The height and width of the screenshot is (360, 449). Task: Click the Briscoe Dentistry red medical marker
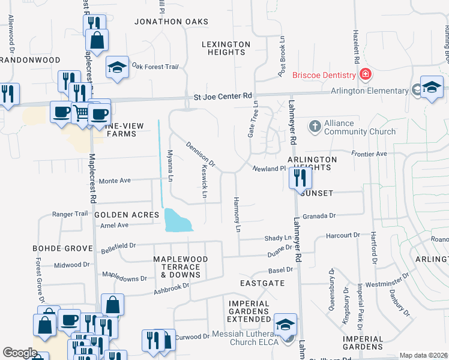coord(364,75)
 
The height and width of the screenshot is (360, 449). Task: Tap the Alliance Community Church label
coord(360,127)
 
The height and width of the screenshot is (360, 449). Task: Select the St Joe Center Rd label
coord(223,95)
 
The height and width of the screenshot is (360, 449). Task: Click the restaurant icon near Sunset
coord(300,178)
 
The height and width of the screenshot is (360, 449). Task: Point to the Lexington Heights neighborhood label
coord(226,48)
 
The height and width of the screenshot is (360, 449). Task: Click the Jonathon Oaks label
coord(166,21)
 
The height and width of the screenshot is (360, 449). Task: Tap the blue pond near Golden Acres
coord(178,221)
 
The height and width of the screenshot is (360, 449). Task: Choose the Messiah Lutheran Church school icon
coord(285,325)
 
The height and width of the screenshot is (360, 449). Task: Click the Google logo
coord(20,352)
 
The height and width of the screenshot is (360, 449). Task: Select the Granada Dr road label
coord(318,215)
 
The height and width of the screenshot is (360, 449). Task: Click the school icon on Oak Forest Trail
coord(117,68)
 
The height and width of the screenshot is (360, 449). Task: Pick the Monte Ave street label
coord(115,181)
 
